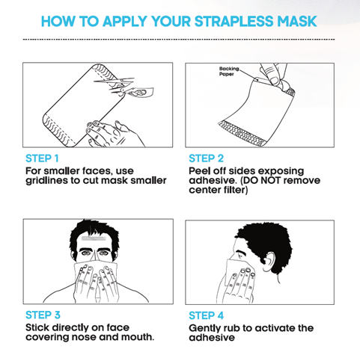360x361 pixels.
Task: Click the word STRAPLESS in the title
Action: click(x=234, y=21)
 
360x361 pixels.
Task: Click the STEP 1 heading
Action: click(x=42, y=158)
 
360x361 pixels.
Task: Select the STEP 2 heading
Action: click(x=206, y=158)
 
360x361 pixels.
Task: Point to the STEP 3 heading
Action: click(x=43, y=315)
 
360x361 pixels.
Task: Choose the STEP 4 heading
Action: click(x=206, y=315)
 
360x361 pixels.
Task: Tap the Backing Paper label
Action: click(x=229, y=71)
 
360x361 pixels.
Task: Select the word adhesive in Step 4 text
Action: click(x=212, y=338)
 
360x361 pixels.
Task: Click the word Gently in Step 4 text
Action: click(x=205, y=328)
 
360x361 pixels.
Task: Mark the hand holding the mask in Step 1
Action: click(x=112, y=134)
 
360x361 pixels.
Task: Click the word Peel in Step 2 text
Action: click(x=199, y=171)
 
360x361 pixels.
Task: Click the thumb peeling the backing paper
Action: click(x=272, y=77)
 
